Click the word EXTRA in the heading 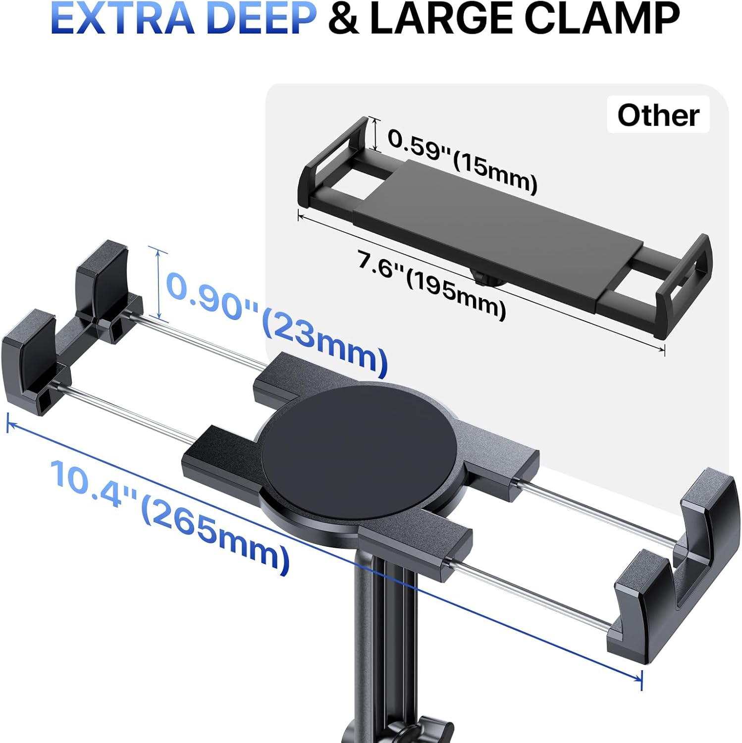(x=122, y=18)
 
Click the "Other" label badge (x=658, y=115)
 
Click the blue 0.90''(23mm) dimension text (x=277, y=324)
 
